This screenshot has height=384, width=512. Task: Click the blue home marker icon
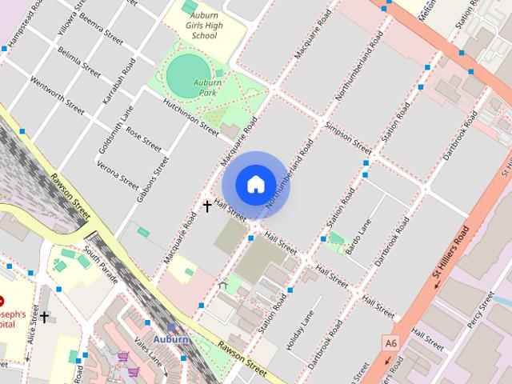(255, 185)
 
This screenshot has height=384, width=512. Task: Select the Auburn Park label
(206, 88)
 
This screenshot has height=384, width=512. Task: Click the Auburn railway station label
(171, 339)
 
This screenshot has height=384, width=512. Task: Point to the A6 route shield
(390, 343)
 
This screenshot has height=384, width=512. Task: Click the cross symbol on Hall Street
(207, 206)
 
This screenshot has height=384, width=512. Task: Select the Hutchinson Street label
(191, 114)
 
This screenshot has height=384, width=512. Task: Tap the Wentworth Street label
(56, 94)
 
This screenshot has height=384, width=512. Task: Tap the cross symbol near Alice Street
(45, 318)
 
